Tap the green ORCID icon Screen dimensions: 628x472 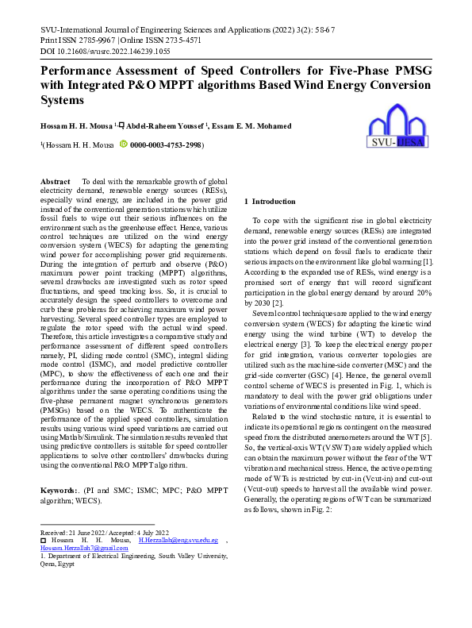pyautogui.click(x=123, y=145)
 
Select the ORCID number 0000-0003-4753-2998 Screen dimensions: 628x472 pyautogui.click(x=166, y=146)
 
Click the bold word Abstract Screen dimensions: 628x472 pyautogui.click(x=56, y=182)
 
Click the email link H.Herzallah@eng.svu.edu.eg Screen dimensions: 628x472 pyautogui.click(x=178, y=539)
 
